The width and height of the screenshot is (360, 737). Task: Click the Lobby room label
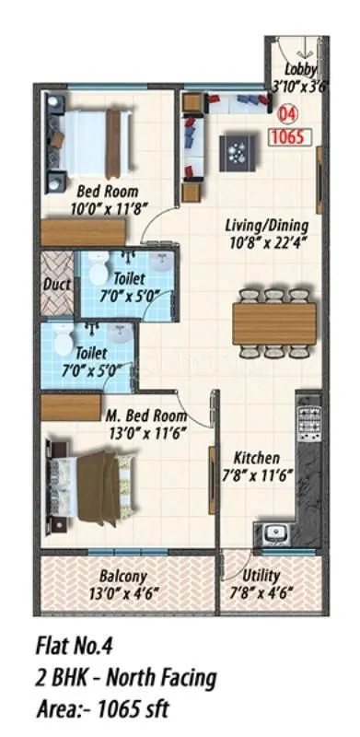coord(300,70)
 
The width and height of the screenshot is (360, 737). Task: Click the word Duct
coord(58,285)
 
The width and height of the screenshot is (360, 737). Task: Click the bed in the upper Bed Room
coord(88,131)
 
